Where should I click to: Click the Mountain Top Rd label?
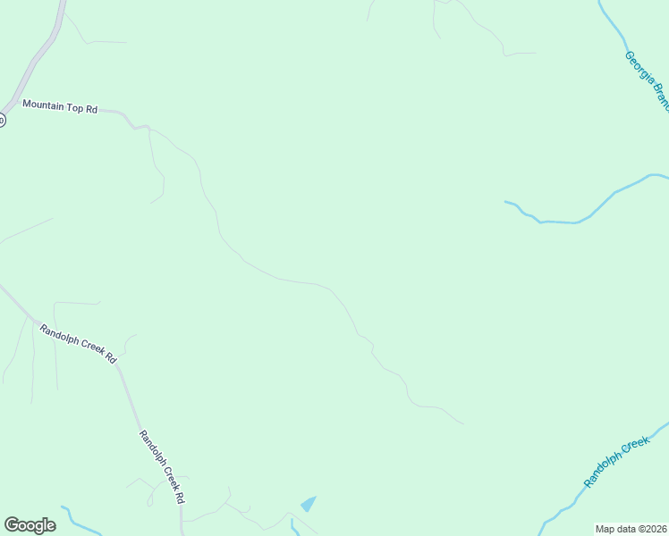[x=59, y=106]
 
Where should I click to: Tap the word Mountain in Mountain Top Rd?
[x=44, y=105]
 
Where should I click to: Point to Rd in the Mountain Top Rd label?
[x=90, y=108]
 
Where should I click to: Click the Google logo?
[x=30, y=525]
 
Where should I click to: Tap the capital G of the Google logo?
[x=11, y=525]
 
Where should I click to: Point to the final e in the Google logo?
[x=50, y=526]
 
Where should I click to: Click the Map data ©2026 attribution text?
[x=631, y=529]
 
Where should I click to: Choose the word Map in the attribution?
[x=605, y=529]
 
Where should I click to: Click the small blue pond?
[x=309, y=504]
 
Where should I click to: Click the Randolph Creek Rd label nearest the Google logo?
[x=162, y=467]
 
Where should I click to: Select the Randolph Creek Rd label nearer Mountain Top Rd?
[x=78, y=343]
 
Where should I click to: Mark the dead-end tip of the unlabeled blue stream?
[x=505, y=202]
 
